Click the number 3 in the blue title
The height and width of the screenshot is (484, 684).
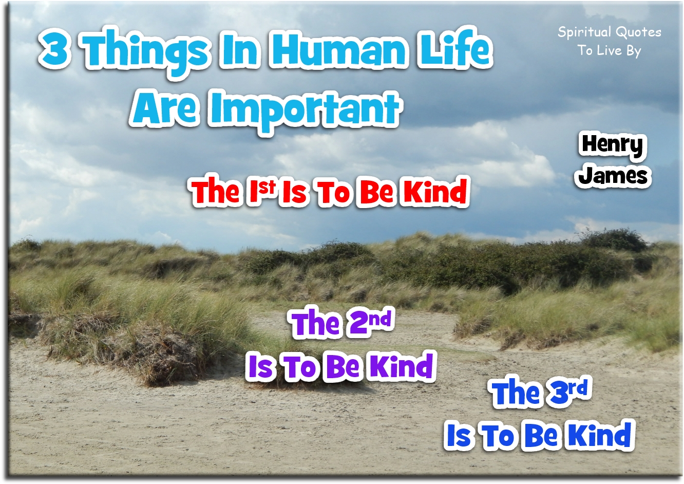pos(55,50)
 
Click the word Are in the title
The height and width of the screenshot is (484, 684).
pos(165,108)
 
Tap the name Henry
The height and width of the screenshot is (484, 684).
pos(612,145)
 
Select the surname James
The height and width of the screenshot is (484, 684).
pos(614,176)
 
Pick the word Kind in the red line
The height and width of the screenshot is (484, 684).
pos(435,192)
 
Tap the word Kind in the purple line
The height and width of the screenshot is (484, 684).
pos(402,366)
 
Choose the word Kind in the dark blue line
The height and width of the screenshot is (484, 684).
pos(600,435)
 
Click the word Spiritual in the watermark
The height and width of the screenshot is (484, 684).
pos(584,32)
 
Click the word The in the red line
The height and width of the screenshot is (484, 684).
pos(216,192)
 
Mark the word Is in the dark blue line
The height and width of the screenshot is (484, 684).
pos(459,436)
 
